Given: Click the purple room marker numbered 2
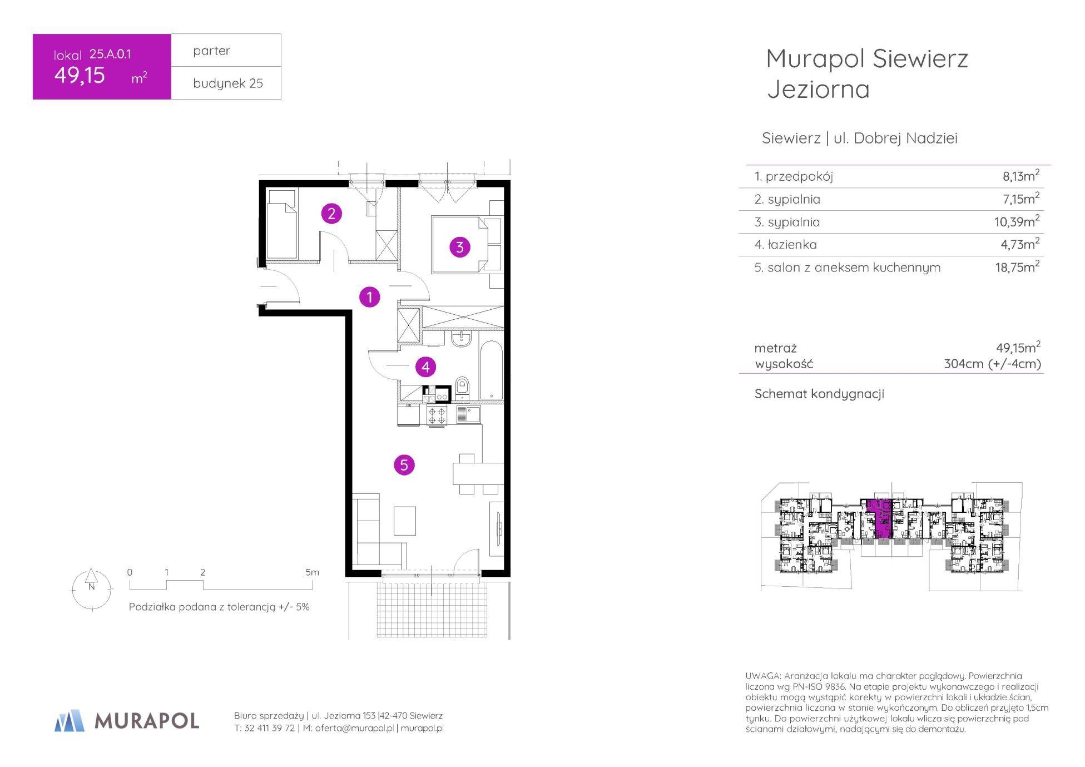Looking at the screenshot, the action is coord(331,214).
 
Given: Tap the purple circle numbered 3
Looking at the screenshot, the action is coord(459,246).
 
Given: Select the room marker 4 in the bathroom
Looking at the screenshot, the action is coord(425,367).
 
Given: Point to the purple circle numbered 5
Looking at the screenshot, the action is coord(404,464).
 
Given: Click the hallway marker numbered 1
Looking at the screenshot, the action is coord(369,297).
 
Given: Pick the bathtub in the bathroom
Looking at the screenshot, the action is coord(491,370).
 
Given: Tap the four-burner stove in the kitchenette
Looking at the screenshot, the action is coord(437,416).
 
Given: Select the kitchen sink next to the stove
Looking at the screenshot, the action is coord(468,415).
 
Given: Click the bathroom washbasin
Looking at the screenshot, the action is coord(461,338).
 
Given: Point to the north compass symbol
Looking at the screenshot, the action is coord(92,588).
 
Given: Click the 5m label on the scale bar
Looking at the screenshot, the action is coord(312,572).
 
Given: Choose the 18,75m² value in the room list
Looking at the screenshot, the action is coord(1017,267).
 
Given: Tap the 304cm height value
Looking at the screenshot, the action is coord(964,364).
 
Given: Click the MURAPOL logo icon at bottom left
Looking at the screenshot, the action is coord(70,720).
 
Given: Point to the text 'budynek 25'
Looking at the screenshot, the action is coord(228,83).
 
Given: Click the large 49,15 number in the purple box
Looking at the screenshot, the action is coord(80,75).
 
